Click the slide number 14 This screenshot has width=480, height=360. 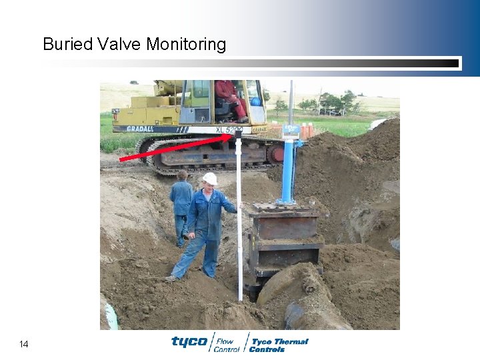tap(24, 344)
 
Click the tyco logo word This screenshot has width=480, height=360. tap(189, 342)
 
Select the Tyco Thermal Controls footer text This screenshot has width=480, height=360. tap(279, 345)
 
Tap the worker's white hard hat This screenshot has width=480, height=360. tap(210, 178)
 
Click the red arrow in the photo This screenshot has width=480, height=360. tap(173, 149)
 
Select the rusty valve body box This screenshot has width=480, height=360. tap(284, 243)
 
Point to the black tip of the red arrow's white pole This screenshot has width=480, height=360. tap(238, 135)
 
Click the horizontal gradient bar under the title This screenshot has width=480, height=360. tap(251, 63)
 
